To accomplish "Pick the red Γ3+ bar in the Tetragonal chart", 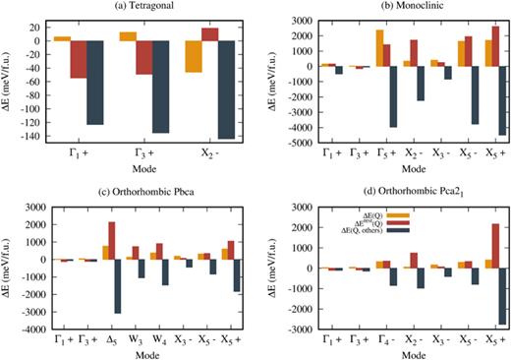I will pos(143,58).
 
